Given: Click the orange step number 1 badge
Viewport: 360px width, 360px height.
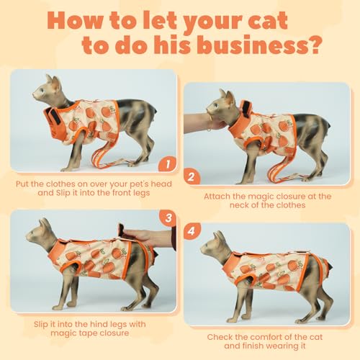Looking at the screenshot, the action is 168,164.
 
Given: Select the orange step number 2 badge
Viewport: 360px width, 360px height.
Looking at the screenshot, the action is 192,177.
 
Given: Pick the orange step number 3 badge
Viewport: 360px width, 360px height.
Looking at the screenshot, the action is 168,218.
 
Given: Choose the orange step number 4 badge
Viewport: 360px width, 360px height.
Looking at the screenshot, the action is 192,231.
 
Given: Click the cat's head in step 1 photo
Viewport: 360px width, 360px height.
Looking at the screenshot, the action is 48,89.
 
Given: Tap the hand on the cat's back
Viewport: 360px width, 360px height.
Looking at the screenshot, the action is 148,238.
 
